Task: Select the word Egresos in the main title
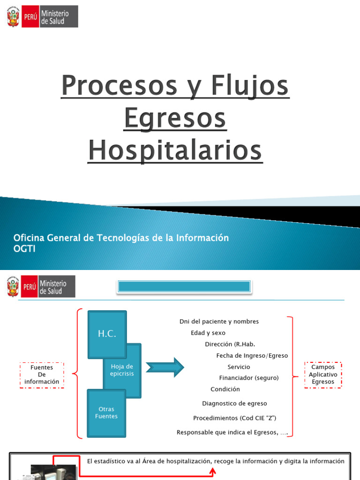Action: tap(175, 119)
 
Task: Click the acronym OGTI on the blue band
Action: tap(24, 248)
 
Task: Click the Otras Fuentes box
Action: tap(106, 412)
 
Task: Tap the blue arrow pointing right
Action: tap(165, 367)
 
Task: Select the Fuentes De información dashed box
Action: tap(42, 375)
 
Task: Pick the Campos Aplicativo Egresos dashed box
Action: tap(323, 375)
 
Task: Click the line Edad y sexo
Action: tap(208, 333)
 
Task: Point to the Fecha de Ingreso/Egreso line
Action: tap(252, 356)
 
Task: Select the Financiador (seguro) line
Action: tap(248, 378)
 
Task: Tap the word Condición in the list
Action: tap(225, 389)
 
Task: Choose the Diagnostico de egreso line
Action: tap(234, 404)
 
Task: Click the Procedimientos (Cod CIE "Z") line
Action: tap(238, 418)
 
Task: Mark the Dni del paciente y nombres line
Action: tap(219, 322)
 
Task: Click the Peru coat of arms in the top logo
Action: tap(13, 17)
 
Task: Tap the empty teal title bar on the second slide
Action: tap(184, 286)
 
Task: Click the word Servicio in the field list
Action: tap(239, 367)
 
